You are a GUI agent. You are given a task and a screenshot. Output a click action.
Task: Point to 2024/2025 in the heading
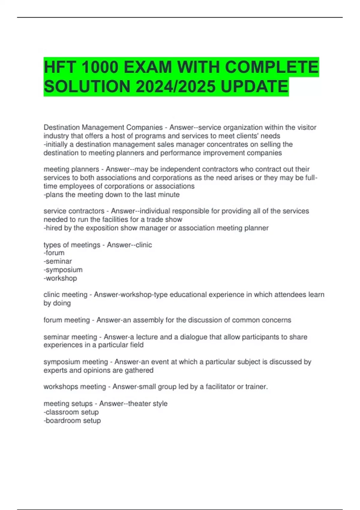pyautogui.click(x=175, y=86)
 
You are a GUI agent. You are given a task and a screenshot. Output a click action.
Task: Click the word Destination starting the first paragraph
pyautogui.click(x=61, y=127)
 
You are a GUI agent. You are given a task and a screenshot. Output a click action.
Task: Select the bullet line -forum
pyautogui.click(x=54, y=253)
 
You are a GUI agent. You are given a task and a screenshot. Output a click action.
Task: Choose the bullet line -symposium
pyautogui.click(x=63, y=270)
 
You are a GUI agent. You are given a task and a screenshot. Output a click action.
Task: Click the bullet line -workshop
pyautogui.click(x=60, y=278)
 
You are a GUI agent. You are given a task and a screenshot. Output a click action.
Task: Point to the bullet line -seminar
pyautogui.click(x=58, y=261)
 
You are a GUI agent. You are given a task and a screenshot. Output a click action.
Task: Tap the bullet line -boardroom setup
pyautogui.click(x=72, y=421)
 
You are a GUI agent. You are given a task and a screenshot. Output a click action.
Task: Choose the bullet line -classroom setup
pyautogui.click(x=71, y=412)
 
